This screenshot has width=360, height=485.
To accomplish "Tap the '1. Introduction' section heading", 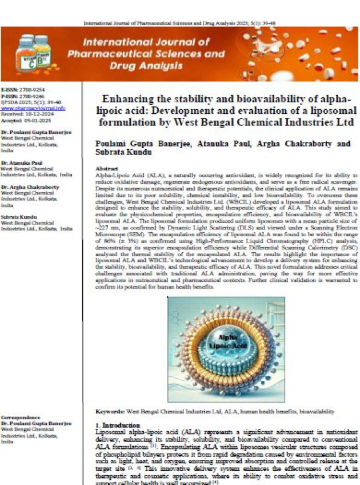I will tap(117, 426).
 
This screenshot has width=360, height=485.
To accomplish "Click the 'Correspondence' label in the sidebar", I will tap(21, 418).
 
